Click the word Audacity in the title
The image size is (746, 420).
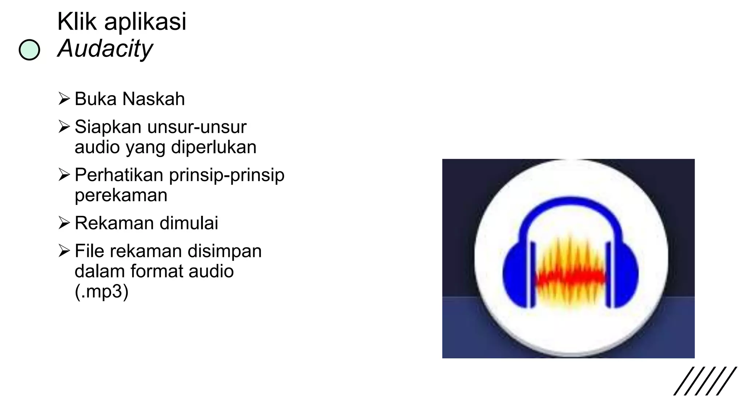tap(105, 48)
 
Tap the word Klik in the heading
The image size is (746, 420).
tap(77, 22)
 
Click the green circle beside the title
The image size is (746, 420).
tap(29, 50)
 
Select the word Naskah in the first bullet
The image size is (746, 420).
tap(153, 99)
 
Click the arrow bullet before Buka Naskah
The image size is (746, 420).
tap(64, 98)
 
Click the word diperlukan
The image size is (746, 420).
tap(213, 147)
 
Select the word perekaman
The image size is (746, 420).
tap(121, 195)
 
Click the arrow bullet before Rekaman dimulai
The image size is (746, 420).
tap(64, 222)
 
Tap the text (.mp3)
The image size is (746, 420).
tap(102, 292)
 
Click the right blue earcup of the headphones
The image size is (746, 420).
tap(626, 273)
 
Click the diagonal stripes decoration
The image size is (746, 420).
tap(705, 381)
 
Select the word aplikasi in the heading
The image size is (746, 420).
tap(145, 22)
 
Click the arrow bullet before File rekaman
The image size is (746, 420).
tap(64, 250)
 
